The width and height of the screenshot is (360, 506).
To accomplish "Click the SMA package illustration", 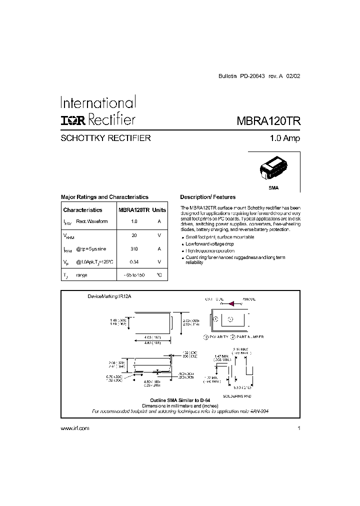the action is [x=273, y=170].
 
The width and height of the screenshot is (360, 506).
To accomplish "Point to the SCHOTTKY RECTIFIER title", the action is [x=105, y=138].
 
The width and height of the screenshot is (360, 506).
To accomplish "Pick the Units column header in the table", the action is [x=159, y=210].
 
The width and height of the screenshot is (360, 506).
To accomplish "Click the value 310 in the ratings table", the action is [x=133, y=248].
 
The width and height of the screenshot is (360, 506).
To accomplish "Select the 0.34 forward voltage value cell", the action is [x=133, y=261].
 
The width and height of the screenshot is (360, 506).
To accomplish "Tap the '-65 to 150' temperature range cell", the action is [x=133, y=275].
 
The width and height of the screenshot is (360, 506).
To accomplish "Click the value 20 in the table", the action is [x=133, y=235].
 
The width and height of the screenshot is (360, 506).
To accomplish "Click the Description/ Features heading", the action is [x=207, y=197].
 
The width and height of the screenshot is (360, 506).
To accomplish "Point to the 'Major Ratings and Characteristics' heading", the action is [x=104, y=197].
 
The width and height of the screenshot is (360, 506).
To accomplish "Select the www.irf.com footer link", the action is [x=74, y=428].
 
